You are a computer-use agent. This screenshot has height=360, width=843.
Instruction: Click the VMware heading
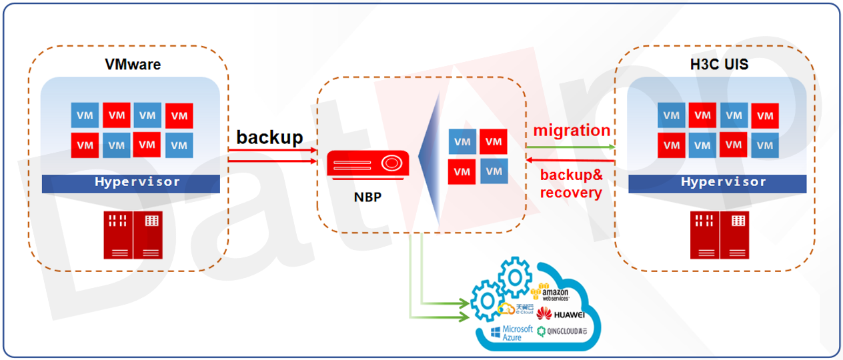(x=133, y=65)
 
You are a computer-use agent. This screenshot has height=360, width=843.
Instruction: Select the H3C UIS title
(x=718, y=65)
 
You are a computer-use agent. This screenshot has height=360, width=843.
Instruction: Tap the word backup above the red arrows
(x=269, y=137)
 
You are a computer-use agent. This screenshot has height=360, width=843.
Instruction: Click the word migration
(x=572, y=130)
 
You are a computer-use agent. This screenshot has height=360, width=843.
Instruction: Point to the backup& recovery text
(x=571, y=185)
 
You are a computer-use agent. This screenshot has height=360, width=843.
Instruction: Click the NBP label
(x=367, y=197)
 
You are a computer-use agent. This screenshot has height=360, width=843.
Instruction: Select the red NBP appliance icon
(x=367, y=165)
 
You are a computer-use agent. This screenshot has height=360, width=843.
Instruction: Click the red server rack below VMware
(x=132, y=234)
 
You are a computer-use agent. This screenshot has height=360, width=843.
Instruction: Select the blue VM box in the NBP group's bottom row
(x=494, y=171)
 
